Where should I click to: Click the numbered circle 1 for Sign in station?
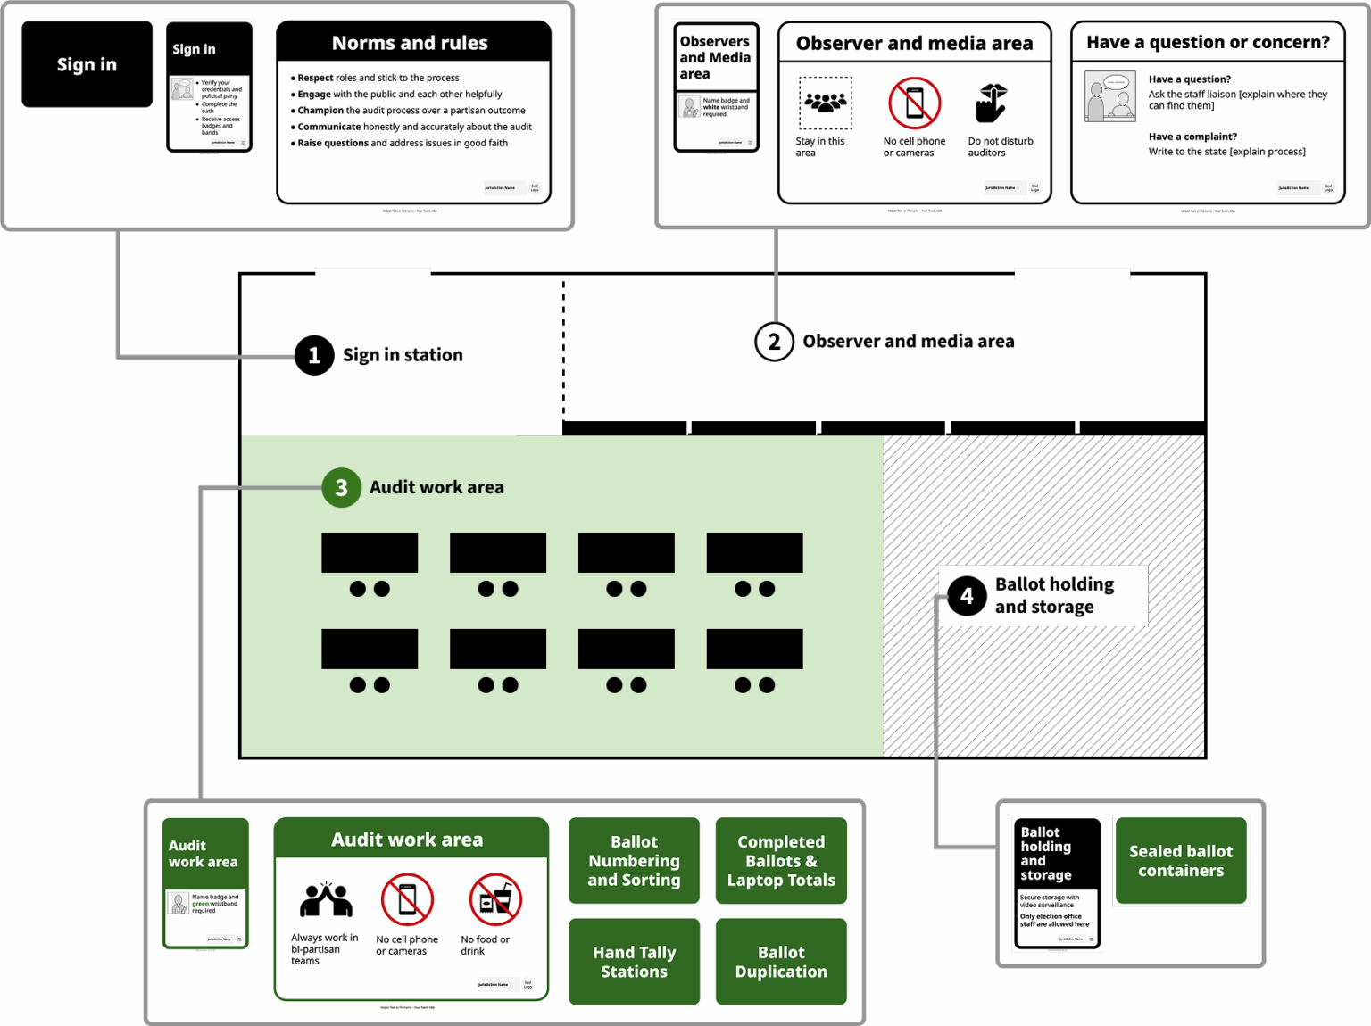tap(314, 355)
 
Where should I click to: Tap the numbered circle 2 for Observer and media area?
tap(774, 342)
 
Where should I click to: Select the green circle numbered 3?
tap(341, 487)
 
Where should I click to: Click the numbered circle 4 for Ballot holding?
tap(967, 596)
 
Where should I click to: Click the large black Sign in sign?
tap(87, 64)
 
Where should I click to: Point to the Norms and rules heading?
tap(410, 43)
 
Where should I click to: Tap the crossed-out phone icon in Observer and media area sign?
tap(914, 103)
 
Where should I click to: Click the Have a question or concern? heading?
tap(1208, 42)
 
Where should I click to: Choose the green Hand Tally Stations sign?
tap(634, 962)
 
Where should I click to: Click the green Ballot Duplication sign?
tap(781, 962)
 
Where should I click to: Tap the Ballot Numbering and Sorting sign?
tap(634, 861)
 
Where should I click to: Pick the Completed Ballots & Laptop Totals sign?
tap(781, 861)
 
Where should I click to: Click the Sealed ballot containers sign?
tap(1181, 861)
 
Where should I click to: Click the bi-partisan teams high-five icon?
tap(326, 900)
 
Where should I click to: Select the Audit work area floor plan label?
tap(436, 487)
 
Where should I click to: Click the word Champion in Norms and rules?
tap(320, 111)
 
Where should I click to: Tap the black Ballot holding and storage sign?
tap(1057, 883)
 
